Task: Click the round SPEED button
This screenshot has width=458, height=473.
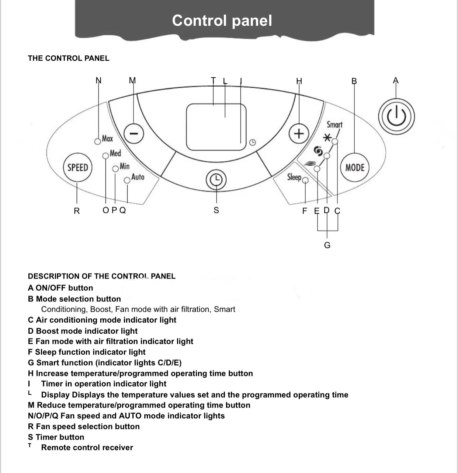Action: click(x=77, y=168)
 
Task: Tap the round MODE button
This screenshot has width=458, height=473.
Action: click(x=354, y=168)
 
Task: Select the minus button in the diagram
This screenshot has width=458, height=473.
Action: click(x=134, y=133)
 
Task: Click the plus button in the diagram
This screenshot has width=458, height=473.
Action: click(x=299, y=133)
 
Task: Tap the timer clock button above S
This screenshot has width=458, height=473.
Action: click(x=216, y=179)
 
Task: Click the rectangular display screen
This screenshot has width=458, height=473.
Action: click(x=216, y=127)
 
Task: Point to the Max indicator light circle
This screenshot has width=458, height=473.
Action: click(x=98, y=141)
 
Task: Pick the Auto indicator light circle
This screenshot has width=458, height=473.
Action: click(x=127, y=180)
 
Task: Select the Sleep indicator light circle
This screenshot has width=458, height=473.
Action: click(x=305, y=180)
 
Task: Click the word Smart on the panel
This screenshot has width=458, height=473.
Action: click(x=334, y=125)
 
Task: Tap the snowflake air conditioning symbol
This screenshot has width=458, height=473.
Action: click(x=327, y=138)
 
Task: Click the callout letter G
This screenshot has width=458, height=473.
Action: click(x=327, y=245)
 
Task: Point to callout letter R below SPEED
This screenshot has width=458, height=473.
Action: click(x=77, y=211)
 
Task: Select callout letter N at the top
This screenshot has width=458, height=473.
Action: click(x=98, y=80)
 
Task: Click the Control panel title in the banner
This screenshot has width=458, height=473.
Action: click(x=222, y=21)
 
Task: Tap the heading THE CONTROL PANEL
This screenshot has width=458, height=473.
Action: click(x=69, y=58)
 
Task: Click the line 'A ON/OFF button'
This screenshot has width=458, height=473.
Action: click(x=60, y=288)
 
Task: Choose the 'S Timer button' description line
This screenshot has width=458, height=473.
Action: click(x=56, y=437)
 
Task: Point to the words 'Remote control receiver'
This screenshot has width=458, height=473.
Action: click(x=87, y=448)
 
